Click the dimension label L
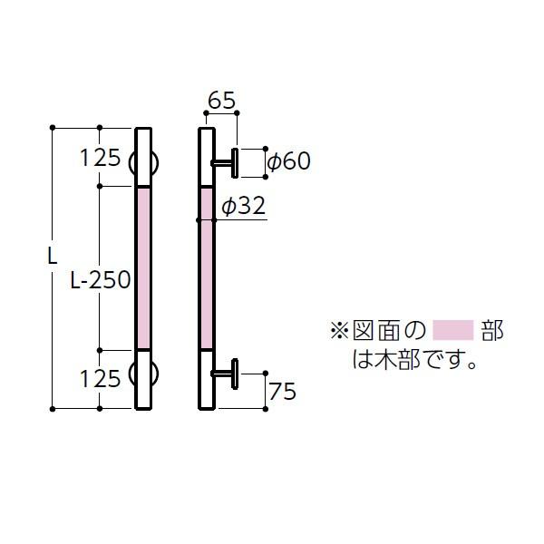coord(51,256)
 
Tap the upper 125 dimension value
coord(100,158)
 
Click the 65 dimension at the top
coord(222,101)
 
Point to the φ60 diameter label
coord(288,161)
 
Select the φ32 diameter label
coord(242,207)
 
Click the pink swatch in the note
coord(452,330)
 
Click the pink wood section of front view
coord(144,267)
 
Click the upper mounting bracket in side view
coord(228,162)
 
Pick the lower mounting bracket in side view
coord(228,373)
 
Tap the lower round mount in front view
coord(144,372)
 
